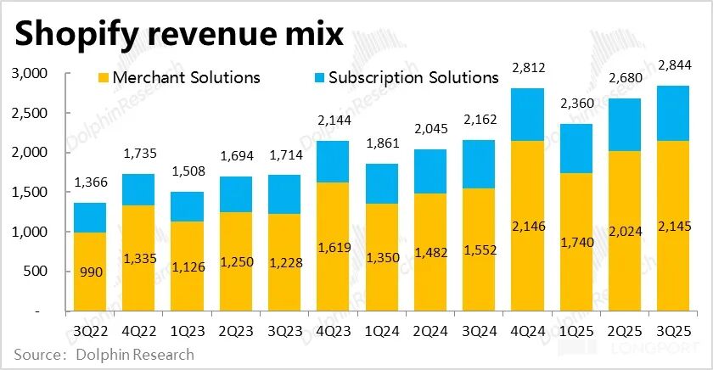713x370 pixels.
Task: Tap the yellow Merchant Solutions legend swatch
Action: tap(100, 78)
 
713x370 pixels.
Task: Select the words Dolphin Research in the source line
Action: tap(137, 355)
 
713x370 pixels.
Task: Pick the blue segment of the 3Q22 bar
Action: tap(90, 218)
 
